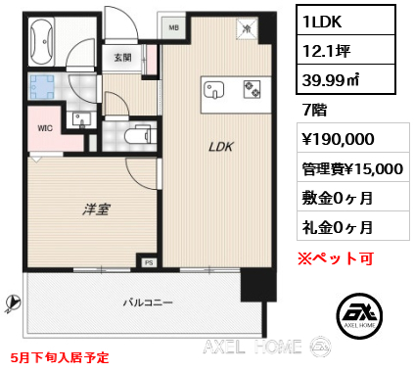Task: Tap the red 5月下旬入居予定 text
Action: click(62, 358)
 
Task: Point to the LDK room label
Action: click(217, 149)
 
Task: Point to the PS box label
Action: click(150, 262)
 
